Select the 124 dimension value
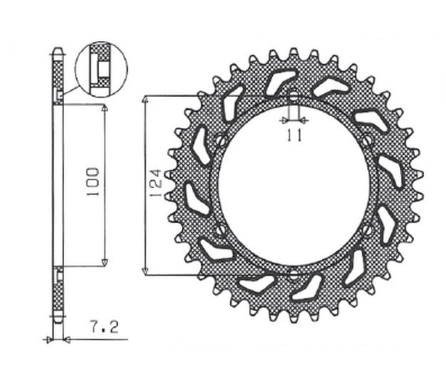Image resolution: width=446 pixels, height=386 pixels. (x=156, y=184)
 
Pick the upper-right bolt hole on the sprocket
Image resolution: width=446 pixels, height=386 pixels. (x=366, y=140)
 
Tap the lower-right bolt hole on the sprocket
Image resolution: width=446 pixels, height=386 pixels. (x=366, y=230)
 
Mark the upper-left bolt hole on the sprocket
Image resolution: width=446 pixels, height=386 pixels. (x=221, y=140)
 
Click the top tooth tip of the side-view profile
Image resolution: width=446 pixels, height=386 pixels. (x=56, y=50)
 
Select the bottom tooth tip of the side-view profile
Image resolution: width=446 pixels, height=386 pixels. (x=56, y=322)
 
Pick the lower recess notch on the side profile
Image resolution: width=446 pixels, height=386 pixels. (x=59, y=273)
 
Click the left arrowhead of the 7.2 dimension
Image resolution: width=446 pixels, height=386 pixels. (x=49, y=339)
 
